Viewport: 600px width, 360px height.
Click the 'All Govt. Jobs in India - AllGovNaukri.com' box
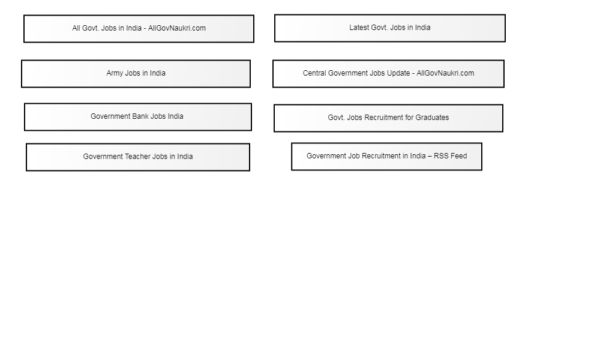coord(139,29)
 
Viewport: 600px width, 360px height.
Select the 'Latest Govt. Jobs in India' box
coord(390,28)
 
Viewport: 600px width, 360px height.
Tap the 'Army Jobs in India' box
coord(136,74)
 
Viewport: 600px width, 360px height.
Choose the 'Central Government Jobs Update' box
coord(388,74)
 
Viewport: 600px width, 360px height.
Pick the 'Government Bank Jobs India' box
coord(138,117)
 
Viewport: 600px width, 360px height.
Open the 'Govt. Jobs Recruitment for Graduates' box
coord(388,118)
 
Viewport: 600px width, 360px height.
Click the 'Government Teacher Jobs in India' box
coord(138,157)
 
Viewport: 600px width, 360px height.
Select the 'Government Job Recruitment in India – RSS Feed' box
coord(386,157)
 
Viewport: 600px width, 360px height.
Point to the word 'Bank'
coord(140,116)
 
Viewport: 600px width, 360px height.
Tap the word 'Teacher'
coord(137,157)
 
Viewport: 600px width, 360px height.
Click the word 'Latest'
coord(359,28)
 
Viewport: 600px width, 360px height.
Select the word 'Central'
coord(314,73)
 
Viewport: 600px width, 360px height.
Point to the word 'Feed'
coord(459,156)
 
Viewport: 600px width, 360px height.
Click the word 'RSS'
coord(441,156)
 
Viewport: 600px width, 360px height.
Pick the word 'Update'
coord(398,73)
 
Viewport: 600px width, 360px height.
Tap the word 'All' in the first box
coord(76,28)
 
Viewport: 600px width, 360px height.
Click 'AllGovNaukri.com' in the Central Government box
coord(445,73)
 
